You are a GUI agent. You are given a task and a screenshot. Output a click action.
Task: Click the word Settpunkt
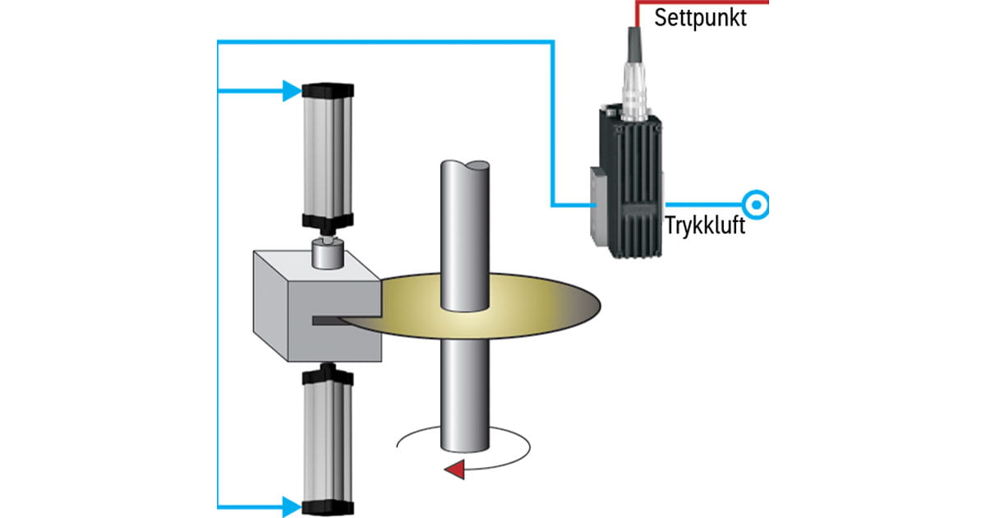[x=700, y=18]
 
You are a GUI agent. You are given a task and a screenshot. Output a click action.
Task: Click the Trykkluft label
[x=705, y=225]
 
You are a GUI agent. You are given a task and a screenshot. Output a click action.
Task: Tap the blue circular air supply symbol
[x=755, y=203]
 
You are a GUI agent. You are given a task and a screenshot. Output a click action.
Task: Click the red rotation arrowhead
[x=453, y=469]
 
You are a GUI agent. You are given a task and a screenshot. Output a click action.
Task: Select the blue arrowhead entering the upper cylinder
[x=293, y=90]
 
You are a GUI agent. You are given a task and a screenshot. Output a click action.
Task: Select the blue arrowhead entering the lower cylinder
[x=293, y=504]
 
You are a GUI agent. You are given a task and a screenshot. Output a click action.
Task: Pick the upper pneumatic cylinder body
[x=329, y=156]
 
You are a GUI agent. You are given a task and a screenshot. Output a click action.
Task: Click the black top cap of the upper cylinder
[x=329, y=90]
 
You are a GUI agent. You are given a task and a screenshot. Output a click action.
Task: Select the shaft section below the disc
[x=466, y=395]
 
